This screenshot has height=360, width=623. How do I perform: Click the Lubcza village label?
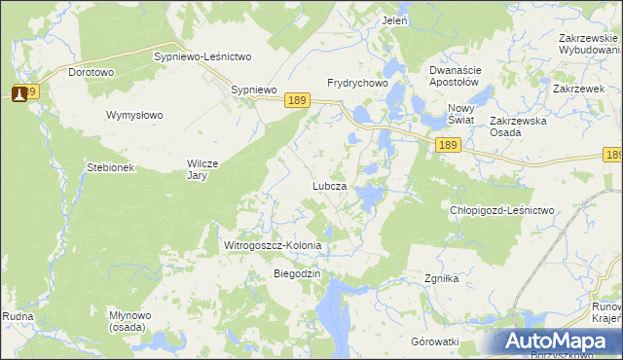pyautogui.click(x=329, y=185)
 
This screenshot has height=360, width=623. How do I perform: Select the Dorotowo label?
pyautogui.click(x=92, y=72)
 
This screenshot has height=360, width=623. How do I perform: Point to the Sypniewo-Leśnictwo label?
pyautogui.click(x=203, y=57)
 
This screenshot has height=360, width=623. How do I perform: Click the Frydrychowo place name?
pyautogui.click(x=358, y=84)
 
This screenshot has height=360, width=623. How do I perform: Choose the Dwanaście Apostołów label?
pyautogui.click(x=457, y=76)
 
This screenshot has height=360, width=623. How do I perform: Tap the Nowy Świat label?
pyautogui.click(x=460, y=113)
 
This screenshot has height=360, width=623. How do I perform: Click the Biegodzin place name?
pyautogui.click(x=297, y=274)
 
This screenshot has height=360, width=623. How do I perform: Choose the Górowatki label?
pyautogui.click(x=434, y=342)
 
